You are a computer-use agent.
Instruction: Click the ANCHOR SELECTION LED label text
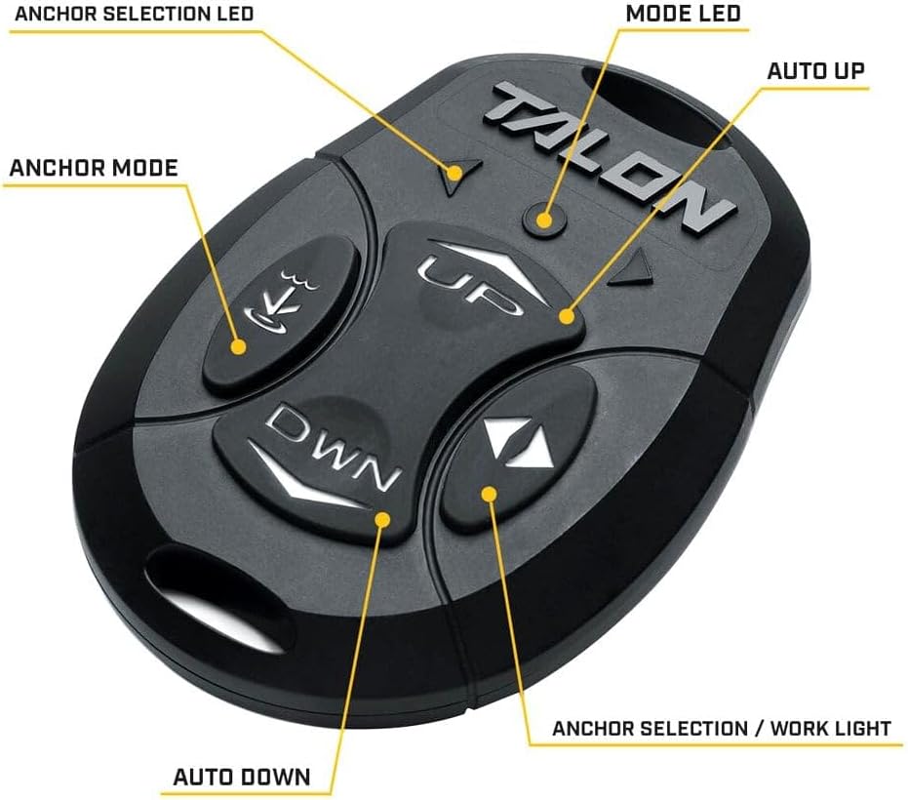coord(134,14)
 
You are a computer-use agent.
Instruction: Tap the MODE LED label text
coord(684,14)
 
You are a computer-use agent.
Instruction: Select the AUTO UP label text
coord(815,71)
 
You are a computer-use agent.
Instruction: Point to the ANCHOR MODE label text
coord(94,168)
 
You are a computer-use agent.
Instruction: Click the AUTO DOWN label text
coord(242,777)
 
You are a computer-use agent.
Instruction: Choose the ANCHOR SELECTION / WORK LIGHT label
coord(722,728)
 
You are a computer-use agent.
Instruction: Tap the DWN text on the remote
coord(332,446)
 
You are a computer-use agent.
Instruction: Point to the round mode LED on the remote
coord(543,220)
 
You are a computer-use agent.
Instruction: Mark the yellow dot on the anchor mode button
coord(238,346)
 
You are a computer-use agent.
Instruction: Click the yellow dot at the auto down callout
coord(381,519)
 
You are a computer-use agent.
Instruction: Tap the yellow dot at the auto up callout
coord(567,316)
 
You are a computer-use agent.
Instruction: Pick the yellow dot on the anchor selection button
coord(490,494)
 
